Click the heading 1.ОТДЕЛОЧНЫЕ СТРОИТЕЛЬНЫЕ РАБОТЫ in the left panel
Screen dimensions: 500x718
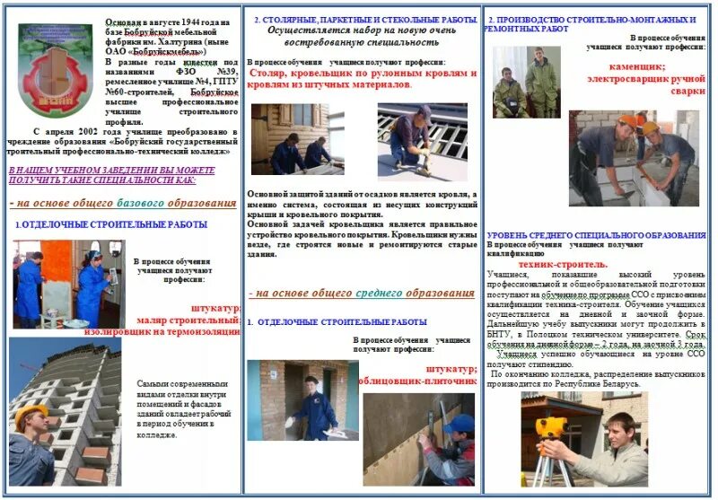111,224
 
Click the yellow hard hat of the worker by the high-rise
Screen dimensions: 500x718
31,414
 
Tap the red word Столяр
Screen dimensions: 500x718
272,74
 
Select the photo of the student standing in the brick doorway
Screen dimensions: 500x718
302,399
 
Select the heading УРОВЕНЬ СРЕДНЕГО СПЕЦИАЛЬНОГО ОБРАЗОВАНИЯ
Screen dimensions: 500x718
596,234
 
